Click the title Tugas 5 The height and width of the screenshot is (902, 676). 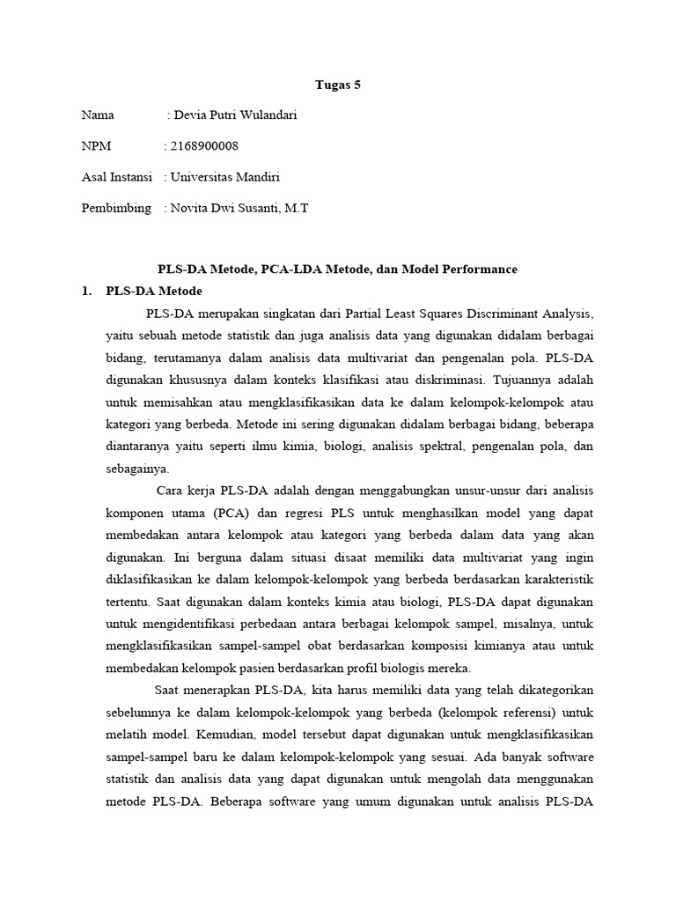pos(338,85)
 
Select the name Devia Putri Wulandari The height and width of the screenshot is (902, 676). pos(235,115)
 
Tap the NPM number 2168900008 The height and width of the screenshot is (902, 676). pos(205,146)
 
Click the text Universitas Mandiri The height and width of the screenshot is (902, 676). pos(224,177)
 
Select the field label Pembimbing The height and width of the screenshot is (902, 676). pos(116,208)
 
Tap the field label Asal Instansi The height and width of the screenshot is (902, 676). pos(117,177)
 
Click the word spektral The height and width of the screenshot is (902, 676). pos(435,446)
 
